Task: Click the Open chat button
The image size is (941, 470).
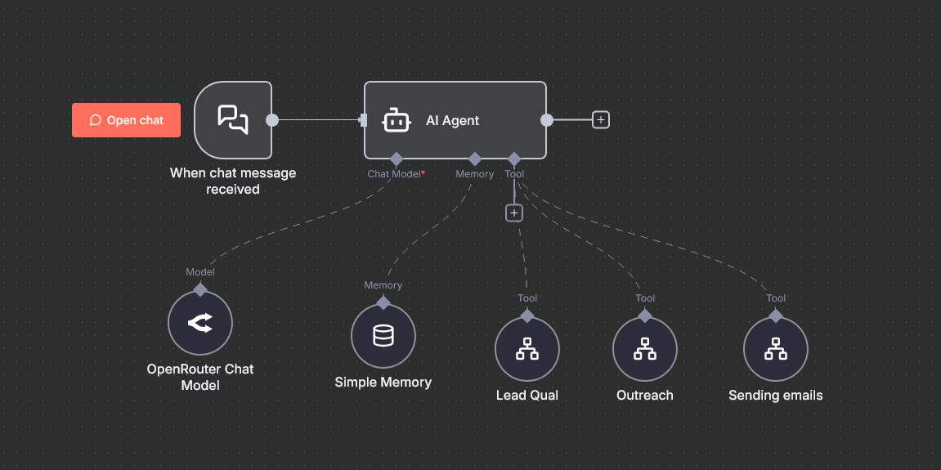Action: (126, 120)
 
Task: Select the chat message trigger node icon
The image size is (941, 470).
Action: (233, 119)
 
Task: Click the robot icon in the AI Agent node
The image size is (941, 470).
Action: (396, 120)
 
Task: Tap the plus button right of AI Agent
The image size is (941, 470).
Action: (601, 120)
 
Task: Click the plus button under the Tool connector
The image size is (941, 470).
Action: (513, 213)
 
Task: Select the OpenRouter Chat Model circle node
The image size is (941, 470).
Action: (199, 323)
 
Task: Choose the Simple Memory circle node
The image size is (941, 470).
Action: (383, 336)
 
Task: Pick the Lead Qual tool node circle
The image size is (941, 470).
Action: (527, 349)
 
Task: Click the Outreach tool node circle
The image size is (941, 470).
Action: (644, 349)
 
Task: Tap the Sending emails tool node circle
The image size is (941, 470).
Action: (775, 349)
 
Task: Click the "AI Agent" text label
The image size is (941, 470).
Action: (452, 121)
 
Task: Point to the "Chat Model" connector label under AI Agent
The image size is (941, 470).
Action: (394, 174)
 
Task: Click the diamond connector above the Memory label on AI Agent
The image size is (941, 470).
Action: (475, 159)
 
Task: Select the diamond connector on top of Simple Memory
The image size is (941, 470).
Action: (383, 302)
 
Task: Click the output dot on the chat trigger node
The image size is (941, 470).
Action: (272, 120)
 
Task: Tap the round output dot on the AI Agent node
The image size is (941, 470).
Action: (547, 120)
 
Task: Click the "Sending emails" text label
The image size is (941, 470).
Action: (775, 396)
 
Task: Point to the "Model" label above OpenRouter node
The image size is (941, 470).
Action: (199, 272)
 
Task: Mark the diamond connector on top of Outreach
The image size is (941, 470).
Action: (644, 316)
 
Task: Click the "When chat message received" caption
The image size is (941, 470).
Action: (233, 181)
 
